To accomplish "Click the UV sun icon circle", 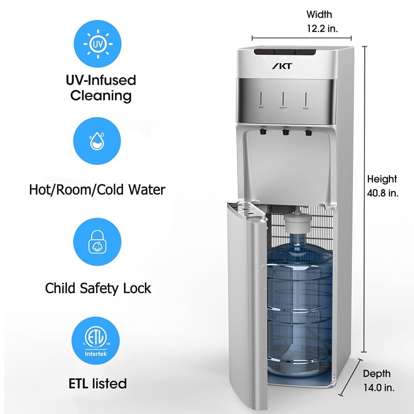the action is (97, 44).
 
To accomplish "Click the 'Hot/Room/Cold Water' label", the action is (97, 189).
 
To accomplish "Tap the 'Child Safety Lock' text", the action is (98, 288).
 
